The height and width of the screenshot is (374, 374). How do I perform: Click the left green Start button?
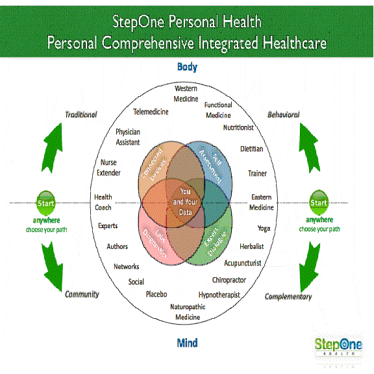point(45,202)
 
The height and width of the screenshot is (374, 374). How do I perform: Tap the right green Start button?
point(319,202)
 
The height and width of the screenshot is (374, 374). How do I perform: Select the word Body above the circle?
point(187,67)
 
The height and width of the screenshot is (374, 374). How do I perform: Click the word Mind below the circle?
point(187,342)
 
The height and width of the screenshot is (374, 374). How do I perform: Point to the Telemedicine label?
point(151,112)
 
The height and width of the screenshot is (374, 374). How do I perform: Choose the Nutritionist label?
point(238,128)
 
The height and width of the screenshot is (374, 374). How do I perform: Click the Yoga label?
point(263,229)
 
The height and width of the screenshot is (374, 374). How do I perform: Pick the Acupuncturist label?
point(243,264)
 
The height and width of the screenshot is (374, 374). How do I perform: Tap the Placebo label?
point(156,294)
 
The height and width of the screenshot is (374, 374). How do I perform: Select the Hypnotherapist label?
point(219,295)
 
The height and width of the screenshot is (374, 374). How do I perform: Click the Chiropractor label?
point(229,280)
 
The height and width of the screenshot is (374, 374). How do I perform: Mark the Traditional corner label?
point(81,115)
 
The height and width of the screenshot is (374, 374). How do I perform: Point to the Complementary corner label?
point(288,297)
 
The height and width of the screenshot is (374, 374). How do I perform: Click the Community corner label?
point(82,294)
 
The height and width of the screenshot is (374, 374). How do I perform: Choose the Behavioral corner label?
point(282,115)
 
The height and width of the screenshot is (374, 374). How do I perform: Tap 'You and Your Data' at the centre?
point(186,197)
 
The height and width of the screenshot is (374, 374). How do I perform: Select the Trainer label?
point(257,173)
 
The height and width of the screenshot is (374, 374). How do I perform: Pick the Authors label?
point(118,247)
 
